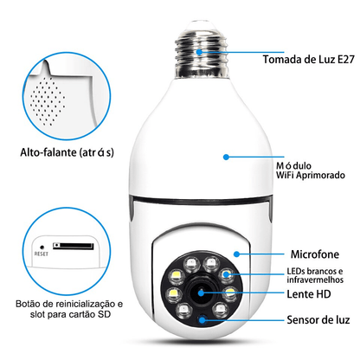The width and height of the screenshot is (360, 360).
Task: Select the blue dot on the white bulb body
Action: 225,157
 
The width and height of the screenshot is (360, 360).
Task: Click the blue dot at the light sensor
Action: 202,319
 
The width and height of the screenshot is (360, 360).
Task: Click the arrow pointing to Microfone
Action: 251,256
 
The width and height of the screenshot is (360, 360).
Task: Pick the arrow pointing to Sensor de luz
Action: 238,319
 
